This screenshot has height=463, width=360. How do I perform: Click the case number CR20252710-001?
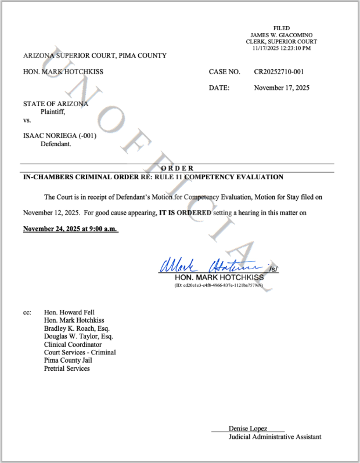[x=279, y=72]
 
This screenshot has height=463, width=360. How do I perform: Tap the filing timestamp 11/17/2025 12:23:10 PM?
[x=282, y=48]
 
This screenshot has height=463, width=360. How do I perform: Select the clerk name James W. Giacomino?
[x=282, y=35]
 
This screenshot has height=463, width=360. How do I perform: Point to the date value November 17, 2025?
[x=282, y=88]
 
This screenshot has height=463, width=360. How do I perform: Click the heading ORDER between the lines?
[x=178, y=168]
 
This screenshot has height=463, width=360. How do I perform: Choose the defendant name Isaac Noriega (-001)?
[x=60, y=136]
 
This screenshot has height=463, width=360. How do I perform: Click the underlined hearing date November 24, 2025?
[x=70, y=229]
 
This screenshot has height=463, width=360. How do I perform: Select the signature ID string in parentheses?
[x=219, y=285]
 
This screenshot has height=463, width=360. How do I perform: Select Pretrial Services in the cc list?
[x=67, y=368]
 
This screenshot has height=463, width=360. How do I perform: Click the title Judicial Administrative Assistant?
[x=275, y=437]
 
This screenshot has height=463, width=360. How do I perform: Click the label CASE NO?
[x=224, y=72]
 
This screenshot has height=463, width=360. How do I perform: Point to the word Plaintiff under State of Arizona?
[x=53, y=112]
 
